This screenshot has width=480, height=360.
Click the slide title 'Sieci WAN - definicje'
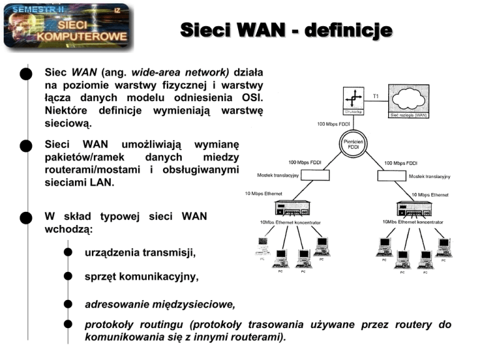(286, 30)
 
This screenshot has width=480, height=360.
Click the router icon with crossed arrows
(353, 98)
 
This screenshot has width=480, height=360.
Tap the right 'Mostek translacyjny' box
(393, 176)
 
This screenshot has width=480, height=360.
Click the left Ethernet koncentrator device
(288, 209)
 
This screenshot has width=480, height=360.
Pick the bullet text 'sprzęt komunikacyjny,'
(141, 277)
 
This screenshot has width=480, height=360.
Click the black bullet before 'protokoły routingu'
(67, 325)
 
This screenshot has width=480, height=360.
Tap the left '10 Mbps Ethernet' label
(263, 194)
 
